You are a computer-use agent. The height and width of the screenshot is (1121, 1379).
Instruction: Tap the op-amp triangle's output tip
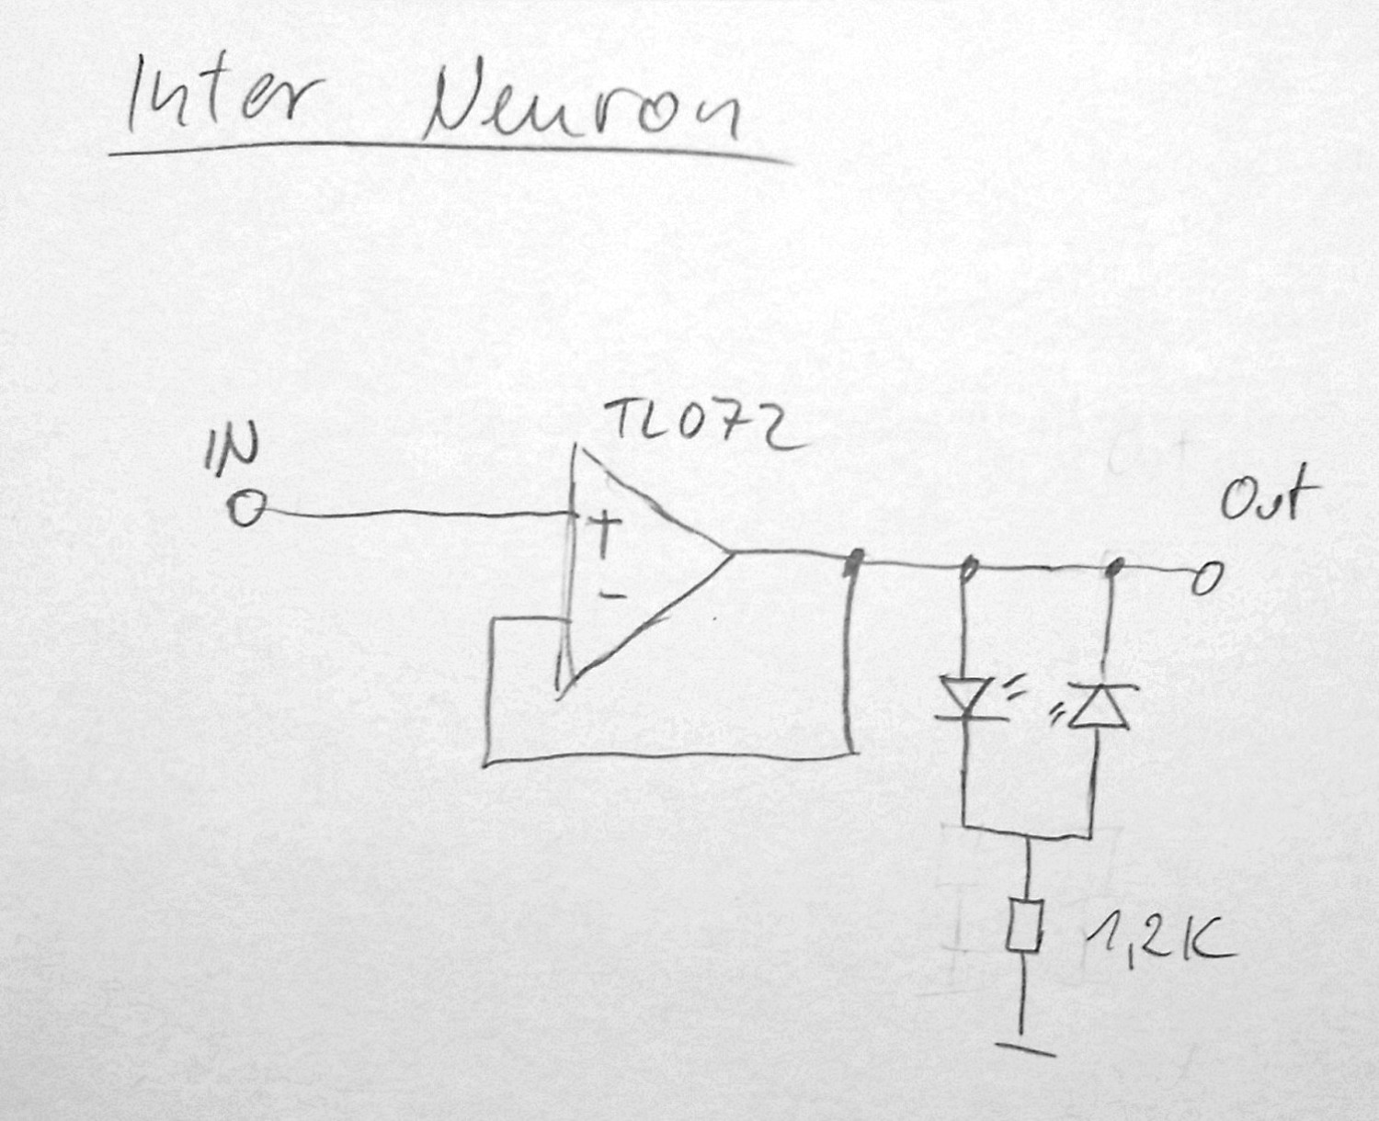click(x=731, y=554)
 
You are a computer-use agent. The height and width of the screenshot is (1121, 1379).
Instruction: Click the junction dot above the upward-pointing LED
click(x=1116, y=568)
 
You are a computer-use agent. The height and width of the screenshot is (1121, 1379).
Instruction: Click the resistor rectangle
click(x=1021, y=926)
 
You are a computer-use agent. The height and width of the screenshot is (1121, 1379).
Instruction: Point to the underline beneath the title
click(x=450, y=150)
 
